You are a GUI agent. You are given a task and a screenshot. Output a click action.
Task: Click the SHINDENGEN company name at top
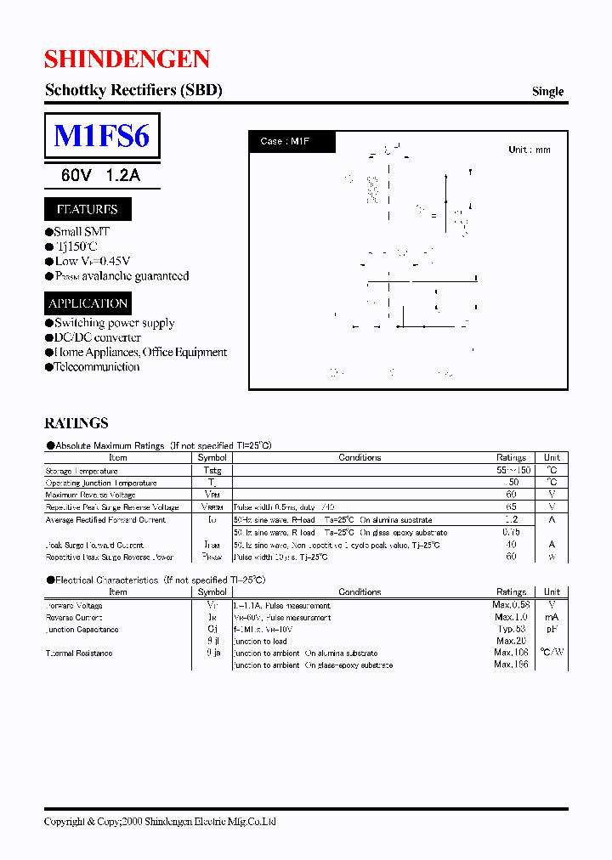pos(127,59)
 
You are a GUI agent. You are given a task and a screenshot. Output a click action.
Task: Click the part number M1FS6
pos(101,136)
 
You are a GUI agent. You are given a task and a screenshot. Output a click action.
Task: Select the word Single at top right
pos(547,92)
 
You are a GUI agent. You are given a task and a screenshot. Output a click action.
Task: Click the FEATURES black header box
pos(87,209)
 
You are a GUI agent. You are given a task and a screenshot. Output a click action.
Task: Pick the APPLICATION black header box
pos(88,303)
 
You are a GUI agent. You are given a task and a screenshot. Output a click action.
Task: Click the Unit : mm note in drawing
pos(529,150)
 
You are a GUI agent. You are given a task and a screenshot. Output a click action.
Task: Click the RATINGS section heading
pos(76,423)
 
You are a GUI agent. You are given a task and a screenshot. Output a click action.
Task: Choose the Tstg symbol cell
pos(212,471)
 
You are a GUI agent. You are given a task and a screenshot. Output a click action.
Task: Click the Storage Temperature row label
pos(82,471)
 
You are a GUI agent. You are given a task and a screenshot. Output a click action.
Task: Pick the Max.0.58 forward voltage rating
pos(512,605)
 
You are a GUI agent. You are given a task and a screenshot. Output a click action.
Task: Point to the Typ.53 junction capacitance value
pos(513,629)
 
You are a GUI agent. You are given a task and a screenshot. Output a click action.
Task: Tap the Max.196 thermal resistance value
pos(512,665)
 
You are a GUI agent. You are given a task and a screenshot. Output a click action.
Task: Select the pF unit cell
pos(552,629)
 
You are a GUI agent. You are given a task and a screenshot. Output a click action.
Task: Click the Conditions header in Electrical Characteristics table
pos(360,591)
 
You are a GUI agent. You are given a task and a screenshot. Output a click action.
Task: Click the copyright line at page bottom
pos(160,822)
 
